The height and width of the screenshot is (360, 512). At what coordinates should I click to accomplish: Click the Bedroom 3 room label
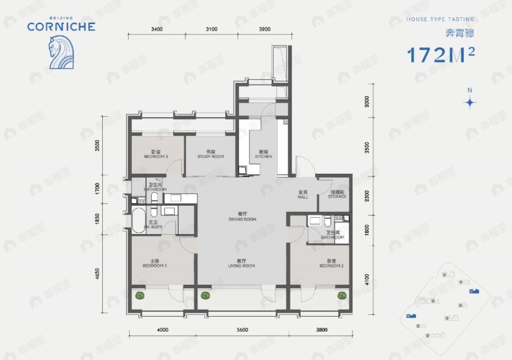coord(156,154)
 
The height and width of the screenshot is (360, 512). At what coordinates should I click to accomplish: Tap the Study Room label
coord(211,154)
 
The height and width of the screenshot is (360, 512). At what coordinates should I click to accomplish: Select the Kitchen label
coord(263,154)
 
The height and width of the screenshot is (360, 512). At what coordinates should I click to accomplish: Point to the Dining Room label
coord(243,217)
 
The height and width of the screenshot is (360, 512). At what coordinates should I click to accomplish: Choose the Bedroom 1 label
coord(155,264)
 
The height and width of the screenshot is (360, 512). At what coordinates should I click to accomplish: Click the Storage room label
coord(337,195)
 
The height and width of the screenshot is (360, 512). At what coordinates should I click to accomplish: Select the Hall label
coord(303,195)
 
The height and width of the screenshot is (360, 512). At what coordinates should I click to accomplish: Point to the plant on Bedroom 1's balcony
coord(141,295)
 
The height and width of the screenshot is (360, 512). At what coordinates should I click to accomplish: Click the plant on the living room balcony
coord(206,295)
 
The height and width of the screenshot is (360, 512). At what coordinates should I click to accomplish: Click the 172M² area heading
coord(440,55)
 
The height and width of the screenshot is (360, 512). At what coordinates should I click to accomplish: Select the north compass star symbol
coord(470,102)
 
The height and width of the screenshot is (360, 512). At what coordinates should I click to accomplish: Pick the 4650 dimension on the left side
coord(97,273)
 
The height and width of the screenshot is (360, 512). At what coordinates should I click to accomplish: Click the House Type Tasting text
coord(439,19)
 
